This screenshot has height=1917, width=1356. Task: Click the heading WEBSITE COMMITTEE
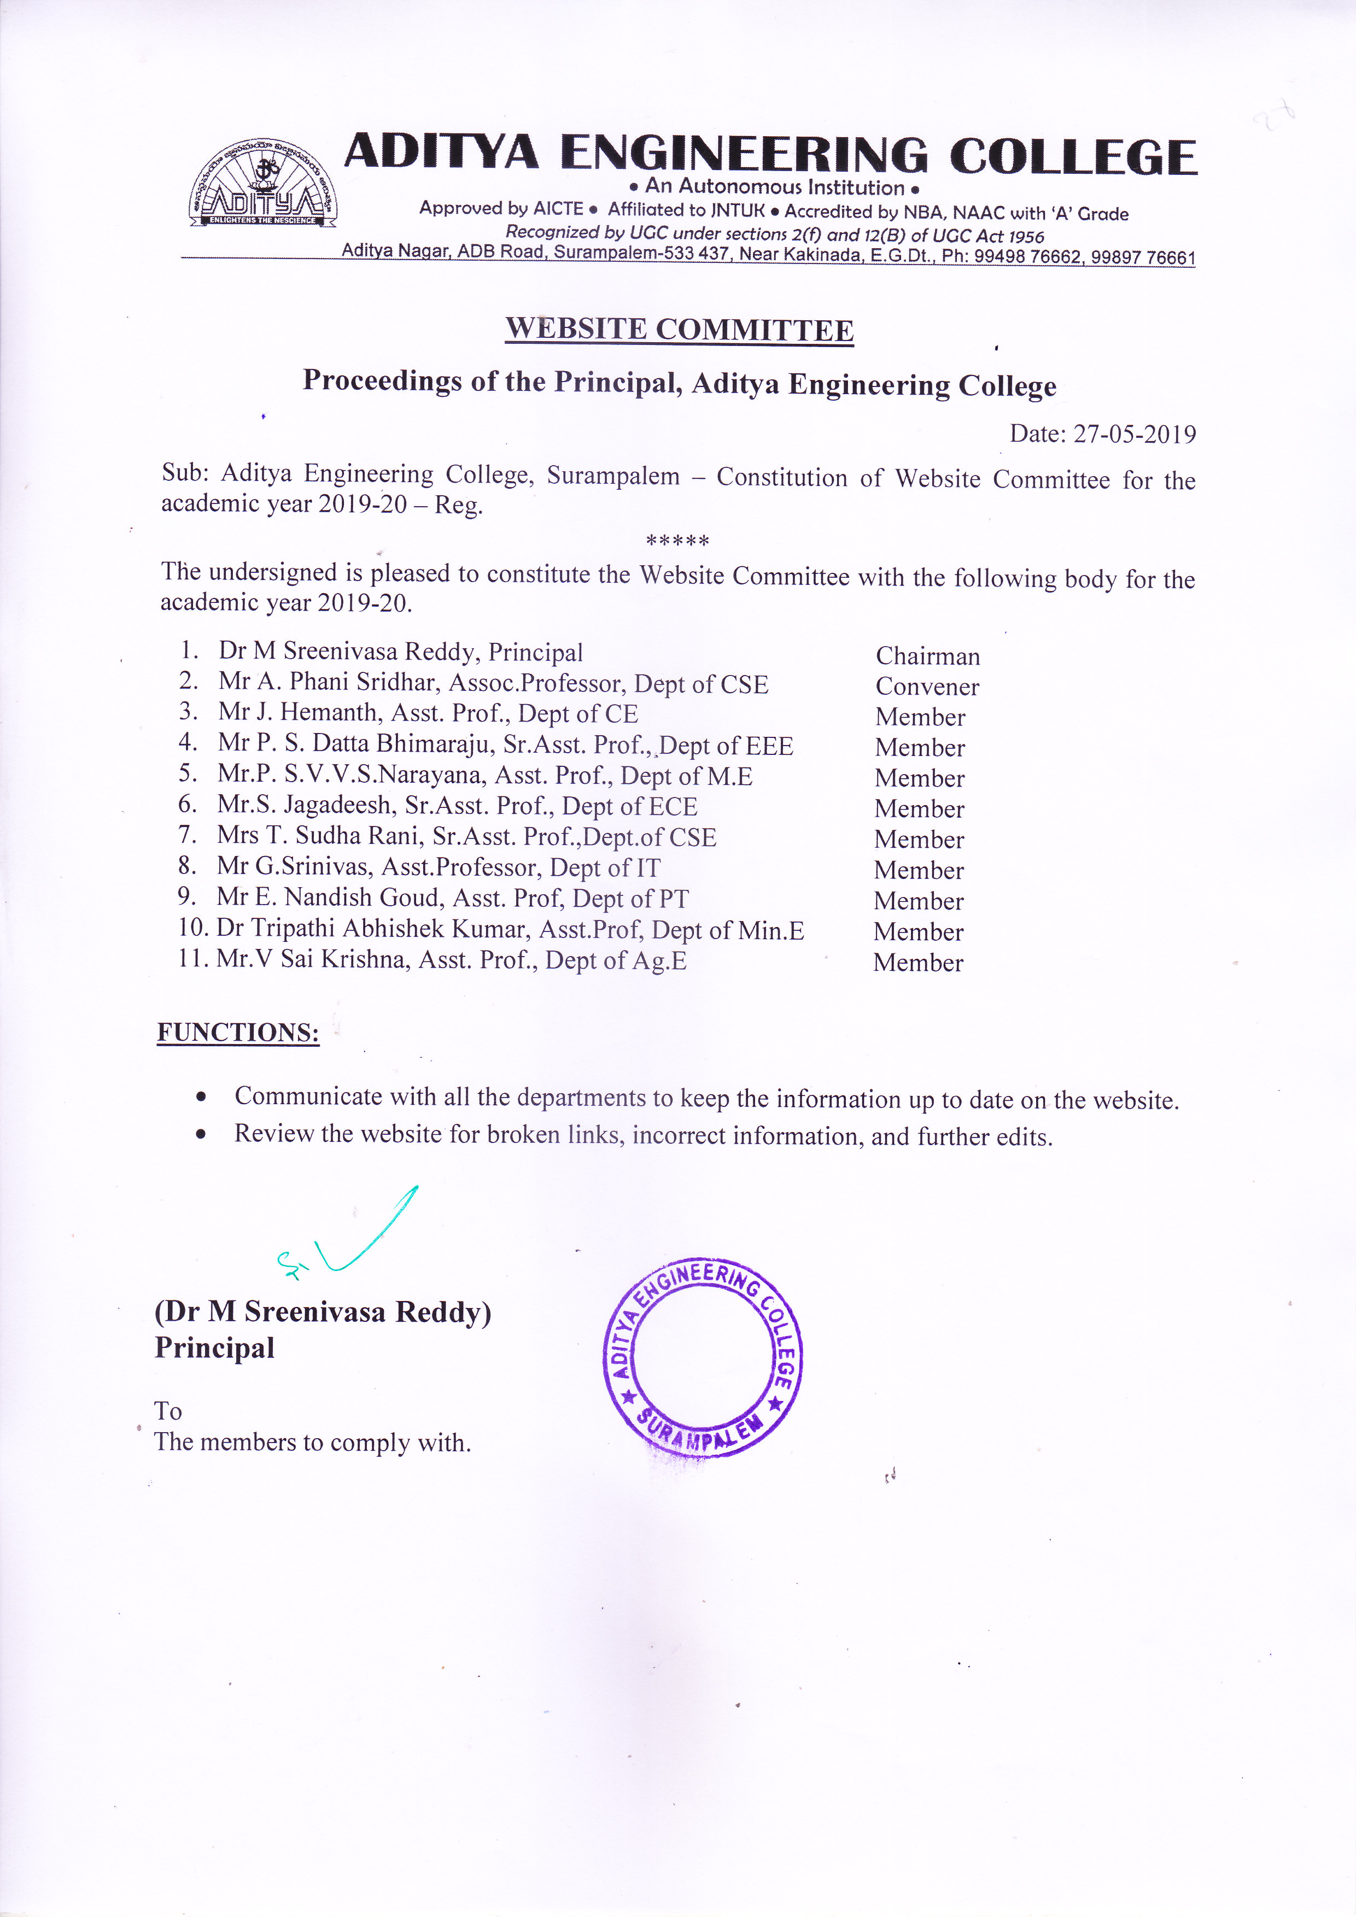(679, 329)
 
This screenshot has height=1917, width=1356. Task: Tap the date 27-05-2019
(1134, 434)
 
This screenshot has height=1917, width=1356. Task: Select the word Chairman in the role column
(928, 656)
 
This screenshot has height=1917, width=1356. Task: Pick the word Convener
(927, 687)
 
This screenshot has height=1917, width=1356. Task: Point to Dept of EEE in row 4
(727, 746)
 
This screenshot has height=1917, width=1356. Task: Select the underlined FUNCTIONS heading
(238, 1033)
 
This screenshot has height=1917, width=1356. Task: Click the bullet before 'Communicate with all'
(201, 1097)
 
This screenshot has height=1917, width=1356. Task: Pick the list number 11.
(191, 959)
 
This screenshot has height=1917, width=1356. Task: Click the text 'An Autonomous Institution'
(774, 187)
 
